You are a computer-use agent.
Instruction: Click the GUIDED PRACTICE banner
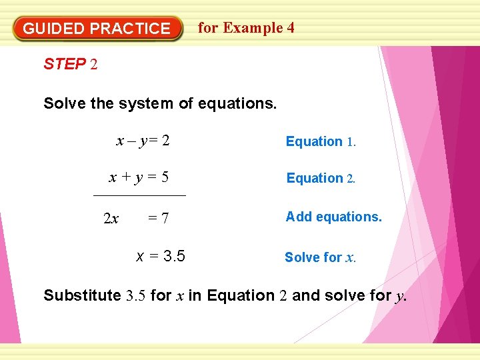click(x=97, y=29)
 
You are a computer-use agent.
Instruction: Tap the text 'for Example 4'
click(x=246, y=28)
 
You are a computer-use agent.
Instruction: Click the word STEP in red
click(x=65, y=64)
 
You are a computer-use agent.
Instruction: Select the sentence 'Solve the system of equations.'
click(x=159, y=103)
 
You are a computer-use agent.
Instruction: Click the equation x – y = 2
click(x=143, y=141)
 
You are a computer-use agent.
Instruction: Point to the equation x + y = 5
click(x=139, y=177)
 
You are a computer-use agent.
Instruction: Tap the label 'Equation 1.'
click(x=321, y=141)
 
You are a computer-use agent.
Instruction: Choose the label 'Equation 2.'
click(x=321, y=178)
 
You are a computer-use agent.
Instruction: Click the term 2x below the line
click(x=111, y=218)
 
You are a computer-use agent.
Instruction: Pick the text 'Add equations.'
click(x=333, y=217)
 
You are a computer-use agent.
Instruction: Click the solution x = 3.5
click(x=161, y=256)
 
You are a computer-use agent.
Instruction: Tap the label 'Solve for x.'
click(x=320, y=257)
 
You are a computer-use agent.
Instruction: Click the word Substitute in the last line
click(x=82, y=295)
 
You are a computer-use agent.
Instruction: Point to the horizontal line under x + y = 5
click(x=139, y=195)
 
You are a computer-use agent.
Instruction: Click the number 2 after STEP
click(x=94, y=65)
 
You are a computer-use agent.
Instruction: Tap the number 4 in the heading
click(x=290, y=28)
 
